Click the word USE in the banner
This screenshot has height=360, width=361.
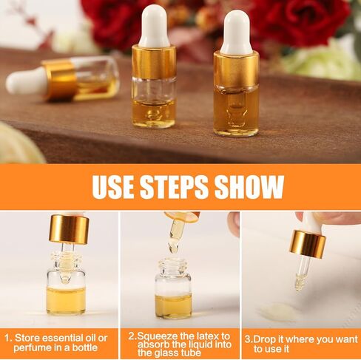click(x=113, y=186)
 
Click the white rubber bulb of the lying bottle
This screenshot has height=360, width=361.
click(x=27, y=81)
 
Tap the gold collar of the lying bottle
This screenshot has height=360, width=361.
click(x=60, y=80)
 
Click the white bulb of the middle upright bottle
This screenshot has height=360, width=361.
click(x=153, y=26)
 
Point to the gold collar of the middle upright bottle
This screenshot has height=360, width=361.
click(x=154, y=61)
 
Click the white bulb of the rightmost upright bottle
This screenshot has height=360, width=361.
click(x=236, y=33)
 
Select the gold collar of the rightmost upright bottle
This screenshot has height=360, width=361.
click(x=236, y=69)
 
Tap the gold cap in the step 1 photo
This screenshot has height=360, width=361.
click(x=69, y=229)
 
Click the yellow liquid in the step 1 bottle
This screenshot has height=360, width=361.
click(x=66, y=300)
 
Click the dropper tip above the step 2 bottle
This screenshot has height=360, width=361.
click(x=174, y=247)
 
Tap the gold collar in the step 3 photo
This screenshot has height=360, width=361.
click(x=308, y=245)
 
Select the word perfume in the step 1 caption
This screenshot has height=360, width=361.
click(x=32, y=348)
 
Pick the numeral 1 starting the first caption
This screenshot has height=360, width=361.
click(x=7, y=338)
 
